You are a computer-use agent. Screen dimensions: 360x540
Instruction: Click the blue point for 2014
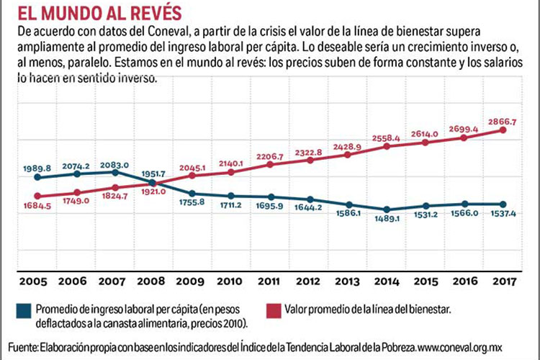pos(387,210)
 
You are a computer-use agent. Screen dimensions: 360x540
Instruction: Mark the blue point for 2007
pos(116,172)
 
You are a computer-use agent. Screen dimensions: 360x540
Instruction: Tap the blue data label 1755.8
pos(192,204)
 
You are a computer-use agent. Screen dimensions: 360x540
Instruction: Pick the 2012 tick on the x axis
pos(309,280)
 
